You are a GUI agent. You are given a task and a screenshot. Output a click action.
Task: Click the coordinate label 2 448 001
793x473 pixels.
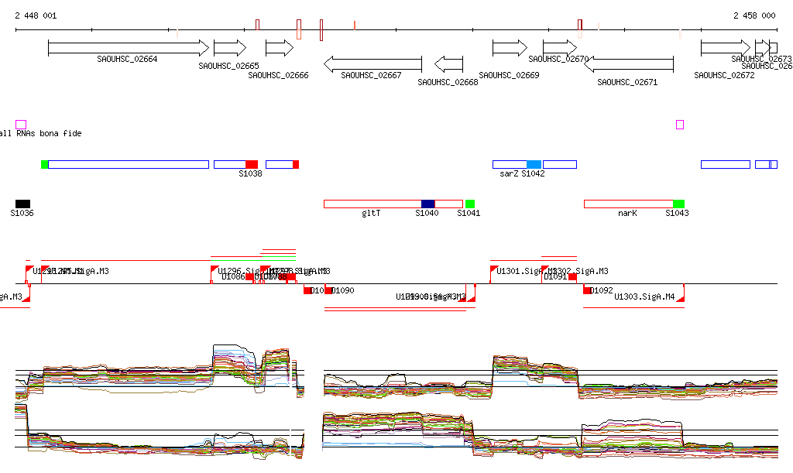click(x=36, y=15)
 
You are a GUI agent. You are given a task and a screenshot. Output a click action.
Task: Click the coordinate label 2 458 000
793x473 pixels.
click(x=754, y=15)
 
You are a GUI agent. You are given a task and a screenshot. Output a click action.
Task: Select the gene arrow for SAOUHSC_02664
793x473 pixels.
click(x=128, y=48)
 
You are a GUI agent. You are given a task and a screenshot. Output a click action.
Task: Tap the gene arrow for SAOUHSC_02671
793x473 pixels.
click(x=628, y=64)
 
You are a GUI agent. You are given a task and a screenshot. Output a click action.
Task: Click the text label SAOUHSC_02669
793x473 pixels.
click(x=509, y=76)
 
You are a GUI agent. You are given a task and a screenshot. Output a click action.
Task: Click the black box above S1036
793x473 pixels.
click(x=22, y=204)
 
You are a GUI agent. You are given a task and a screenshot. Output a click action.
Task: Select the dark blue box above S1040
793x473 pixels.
click(x=428, y=204)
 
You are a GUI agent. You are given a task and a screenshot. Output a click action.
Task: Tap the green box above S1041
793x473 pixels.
click(x=470, y=204)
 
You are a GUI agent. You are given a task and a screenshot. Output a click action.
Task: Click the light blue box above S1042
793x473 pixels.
click(x=534, y=164)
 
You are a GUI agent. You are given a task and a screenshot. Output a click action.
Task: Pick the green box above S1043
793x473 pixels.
click(x=678, y=204)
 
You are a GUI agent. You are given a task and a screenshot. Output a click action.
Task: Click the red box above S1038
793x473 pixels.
click(x=251, y=164)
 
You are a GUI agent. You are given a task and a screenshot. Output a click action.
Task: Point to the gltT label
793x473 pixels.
click(x=371, y=213)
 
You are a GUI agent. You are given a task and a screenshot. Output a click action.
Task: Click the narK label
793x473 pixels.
click(x=627, y=213)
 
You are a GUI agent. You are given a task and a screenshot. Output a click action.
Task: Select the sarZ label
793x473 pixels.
click(x=508, y=174)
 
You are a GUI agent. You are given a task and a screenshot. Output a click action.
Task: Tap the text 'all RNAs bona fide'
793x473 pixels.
click(x=40, y=134)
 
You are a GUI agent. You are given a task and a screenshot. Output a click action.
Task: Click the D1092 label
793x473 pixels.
click(x=602, y=291)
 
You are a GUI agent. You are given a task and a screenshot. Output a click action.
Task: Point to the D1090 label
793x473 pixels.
click(x=342, y=291)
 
